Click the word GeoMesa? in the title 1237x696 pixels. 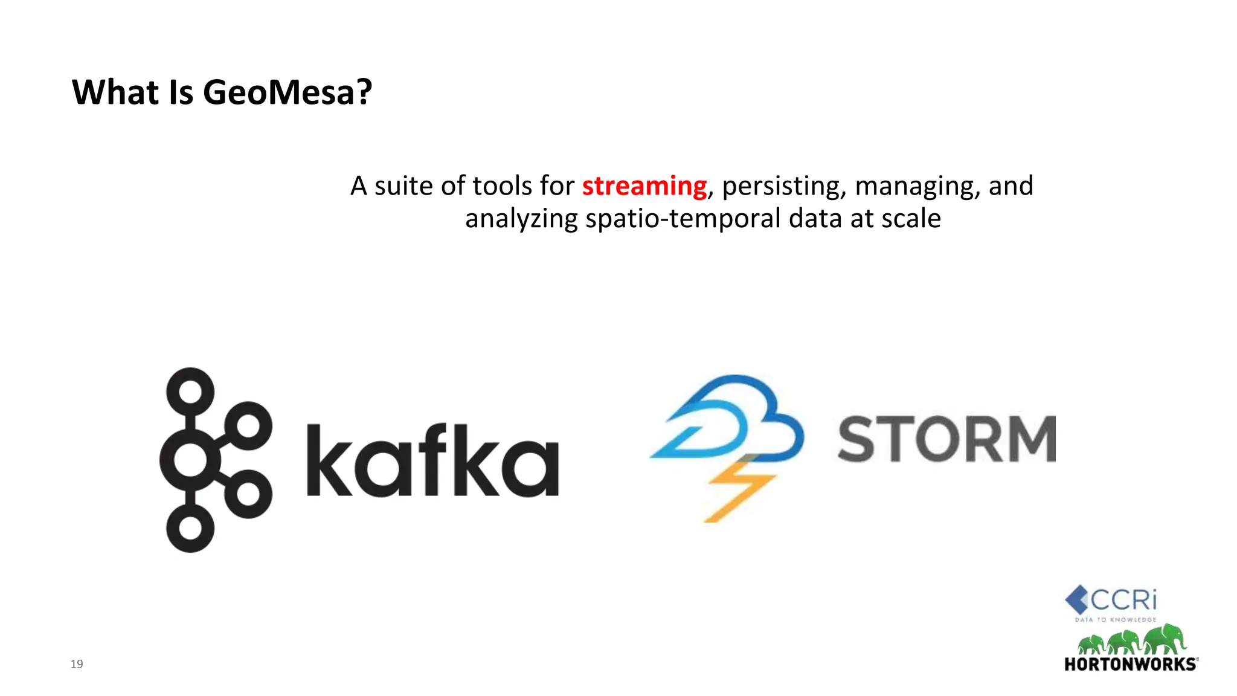click(x=287, y=92)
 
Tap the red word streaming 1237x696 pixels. click(x=644, y=185)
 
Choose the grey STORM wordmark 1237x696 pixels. click(x=946, y=439)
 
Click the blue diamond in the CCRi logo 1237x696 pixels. click(x=1076, y=599)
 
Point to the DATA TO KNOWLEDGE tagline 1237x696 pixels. click(x=1116, y=620)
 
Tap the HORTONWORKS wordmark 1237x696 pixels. click(x=1130, y=665)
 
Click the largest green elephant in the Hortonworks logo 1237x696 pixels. click(x=1165, y=639)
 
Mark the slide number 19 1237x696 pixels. click(x=77, y=664)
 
